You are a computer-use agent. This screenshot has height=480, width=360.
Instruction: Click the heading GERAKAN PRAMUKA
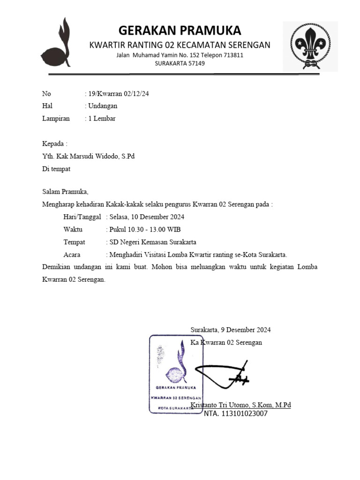(180, 30)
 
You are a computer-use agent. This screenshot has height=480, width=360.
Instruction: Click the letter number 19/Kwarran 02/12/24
(119, 94)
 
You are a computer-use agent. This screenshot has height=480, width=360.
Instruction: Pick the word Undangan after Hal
(103, 106)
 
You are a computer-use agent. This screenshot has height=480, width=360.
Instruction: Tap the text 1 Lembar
(102, 118)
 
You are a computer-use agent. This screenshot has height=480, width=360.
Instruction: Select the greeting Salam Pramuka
(65, 191)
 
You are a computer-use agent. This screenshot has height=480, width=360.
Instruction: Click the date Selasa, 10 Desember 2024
(147, 217)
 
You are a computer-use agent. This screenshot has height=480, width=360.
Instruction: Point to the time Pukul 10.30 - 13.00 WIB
(145, 229)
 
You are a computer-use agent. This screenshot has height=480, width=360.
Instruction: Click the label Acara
(72, 255)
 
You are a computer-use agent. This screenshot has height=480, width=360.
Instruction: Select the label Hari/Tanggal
(82, 217)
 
